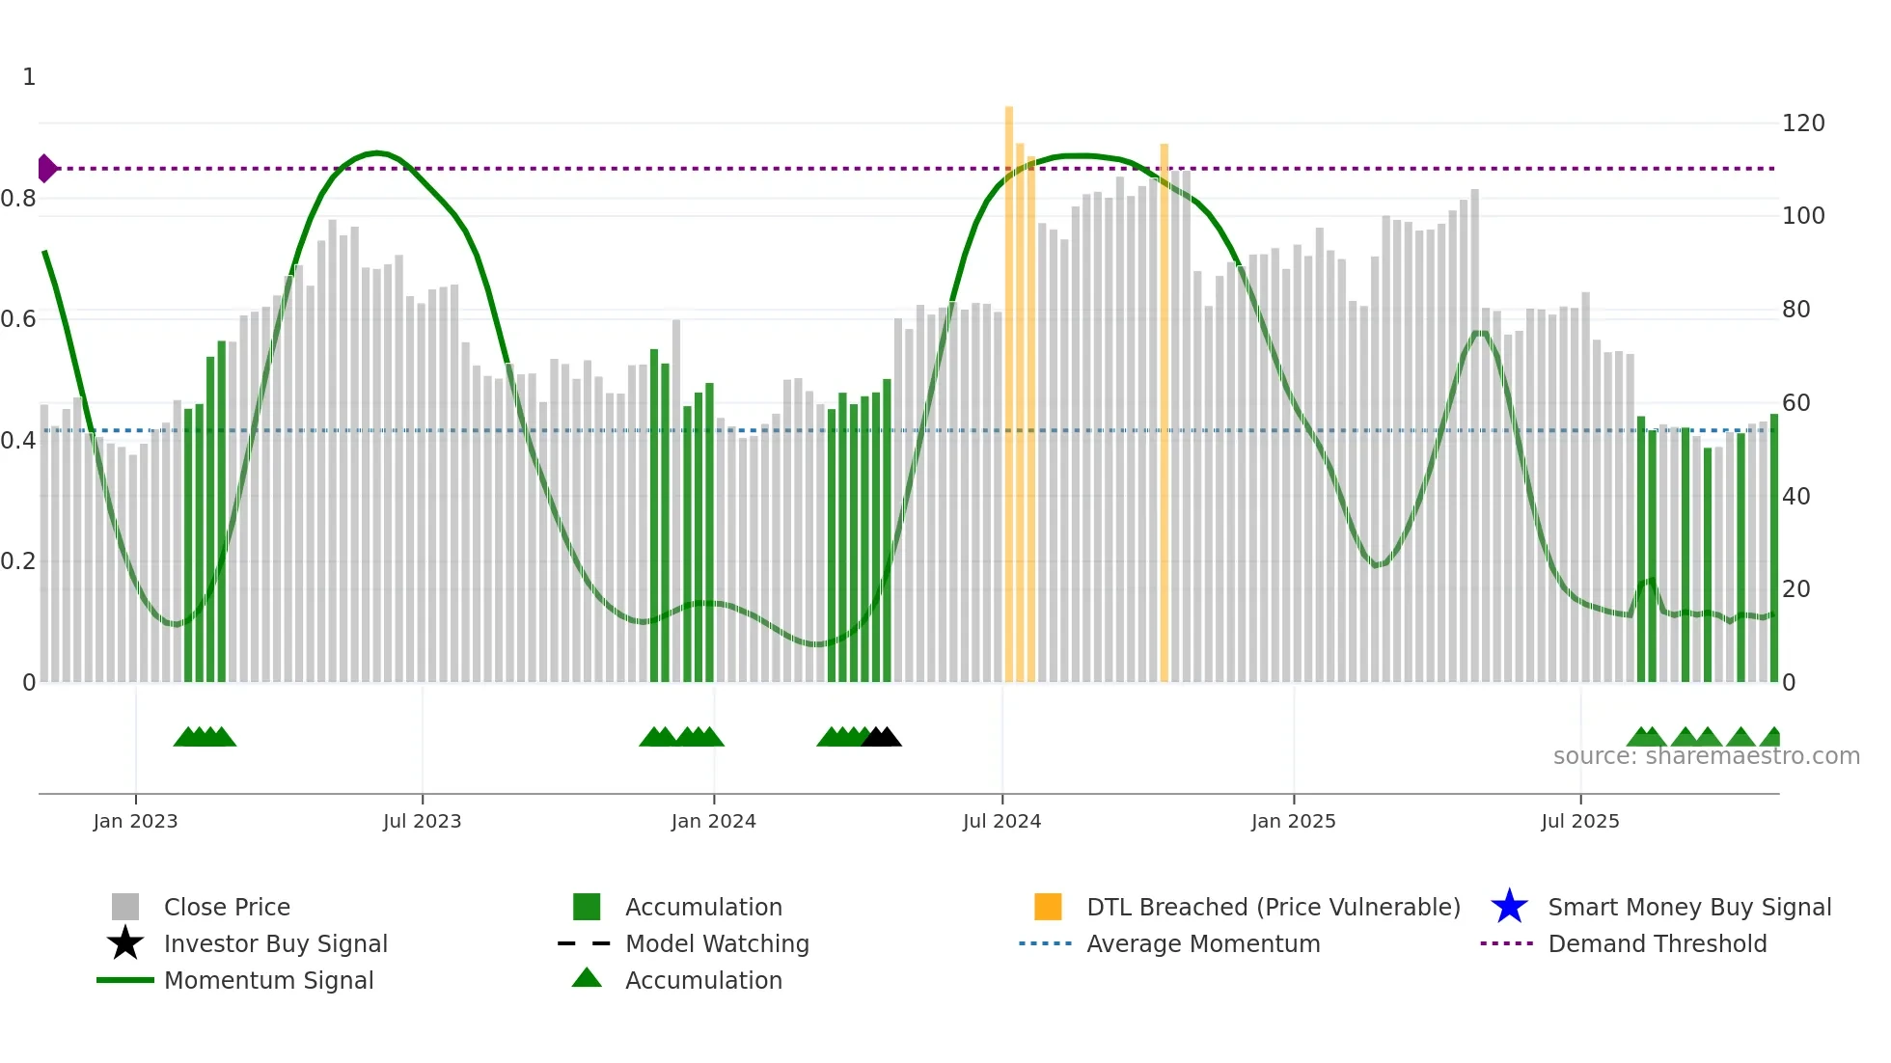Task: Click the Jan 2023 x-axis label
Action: [135, 821]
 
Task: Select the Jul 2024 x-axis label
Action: [1001, 821]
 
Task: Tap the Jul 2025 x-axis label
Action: [1579, 821]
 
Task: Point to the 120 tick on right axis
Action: [1802, 123]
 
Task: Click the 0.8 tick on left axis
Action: [18, 199]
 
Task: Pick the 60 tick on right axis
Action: [1795, 403]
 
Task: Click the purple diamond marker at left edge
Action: [46, 168]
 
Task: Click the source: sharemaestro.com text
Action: [1706, 756]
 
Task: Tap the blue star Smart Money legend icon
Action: [1509, 907]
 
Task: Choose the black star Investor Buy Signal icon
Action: [125, 943]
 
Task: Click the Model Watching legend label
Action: [717, 943]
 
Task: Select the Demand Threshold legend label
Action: [1657, 943]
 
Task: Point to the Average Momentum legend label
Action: [1203, 943]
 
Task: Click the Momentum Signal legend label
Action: [268, 980]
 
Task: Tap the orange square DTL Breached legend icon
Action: [1048, 907]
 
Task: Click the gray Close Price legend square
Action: [125, 907]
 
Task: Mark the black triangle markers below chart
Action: [881, 738]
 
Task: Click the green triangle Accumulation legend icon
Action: [587, 978]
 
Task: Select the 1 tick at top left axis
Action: [29, 77]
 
